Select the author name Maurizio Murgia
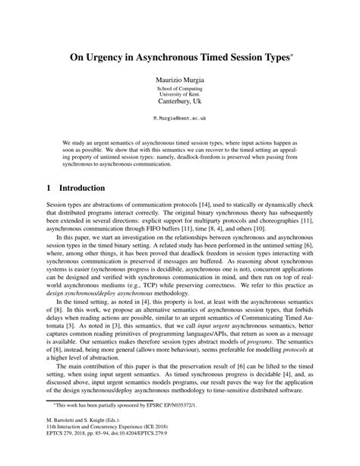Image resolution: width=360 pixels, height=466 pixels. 180,78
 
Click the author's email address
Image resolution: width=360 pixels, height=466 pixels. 180,119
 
